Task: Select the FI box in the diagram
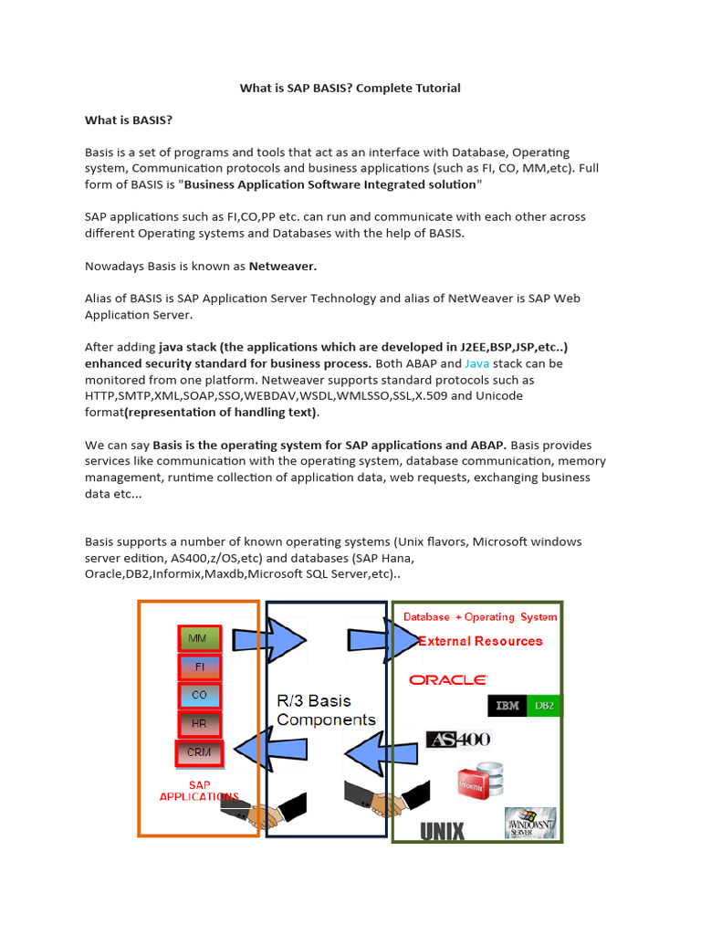click(x=200, y=667)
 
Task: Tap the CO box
click(x=200, y=696)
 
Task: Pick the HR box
click(x=200, y=724)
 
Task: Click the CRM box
click(x=199, y=753)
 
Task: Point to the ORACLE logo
click(x=448, y=679)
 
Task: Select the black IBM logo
click(x=507, y=706)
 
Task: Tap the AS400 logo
click(x=458, y=740)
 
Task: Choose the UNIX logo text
click(x=442, y=831)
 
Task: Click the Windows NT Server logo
click(x=530, y=823)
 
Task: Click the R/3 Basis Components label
click(x=326, y=710)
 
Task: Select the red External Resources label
click(x=480, y=641)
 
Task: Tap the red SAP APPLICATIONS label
click(x=199, y=791)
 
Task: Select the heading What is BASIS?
click(x=129, y=121)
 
